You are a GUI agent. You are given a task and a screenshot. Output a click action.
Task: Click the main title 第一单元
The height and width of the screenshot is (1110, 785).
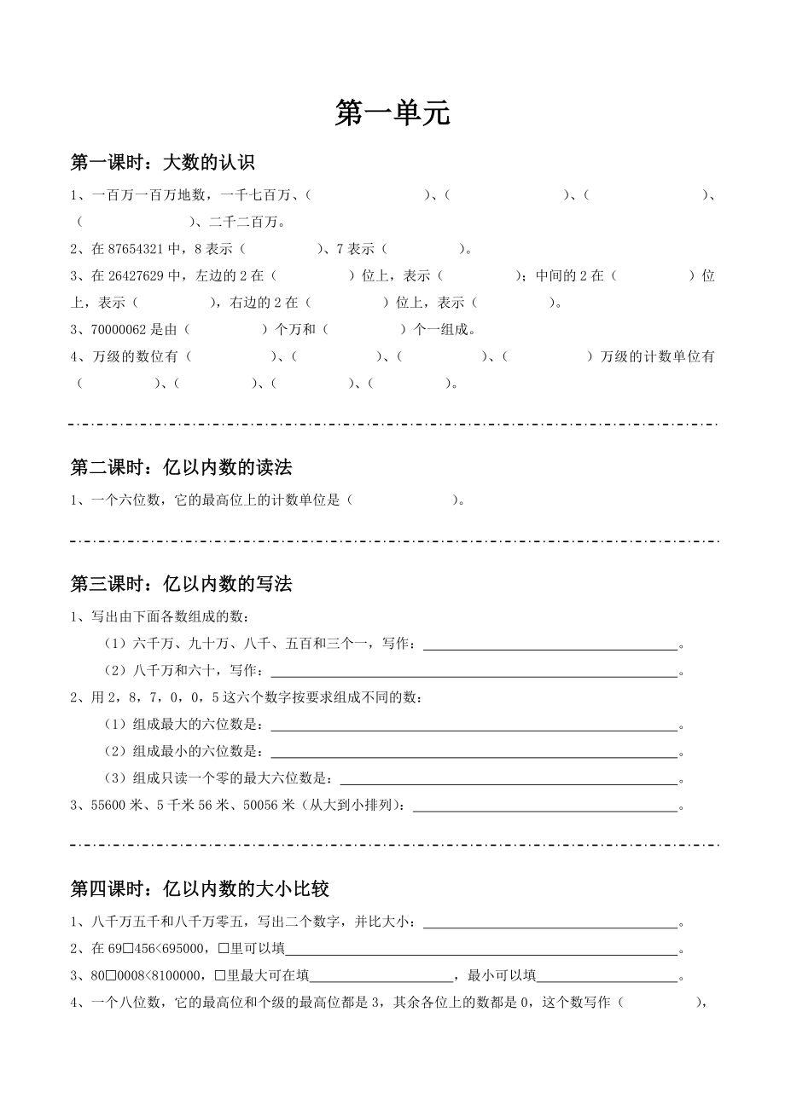click(x=392, y=113)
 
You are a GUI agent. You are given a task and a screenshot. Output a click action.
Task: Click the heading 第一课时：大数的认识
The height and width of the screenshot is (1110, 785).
click(x=162, y=163)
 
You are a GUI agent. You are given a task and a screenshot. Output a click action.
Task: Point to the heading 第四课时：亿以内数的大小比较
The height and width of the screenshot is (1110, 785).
click(x=200, y=889)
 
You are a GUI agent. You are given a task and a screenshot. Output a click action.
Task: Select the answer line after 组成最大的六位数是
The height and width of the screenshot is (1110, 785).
click(x=473, y=727)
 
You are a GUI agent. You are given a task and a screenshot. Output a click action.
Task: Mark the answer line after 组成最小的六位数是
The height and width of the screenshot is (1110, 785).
click(x=473, y=754)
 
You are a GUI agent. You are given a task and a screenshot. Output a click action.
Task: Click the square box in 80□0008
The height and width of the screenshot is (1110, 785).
click(x=117, y=976)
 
